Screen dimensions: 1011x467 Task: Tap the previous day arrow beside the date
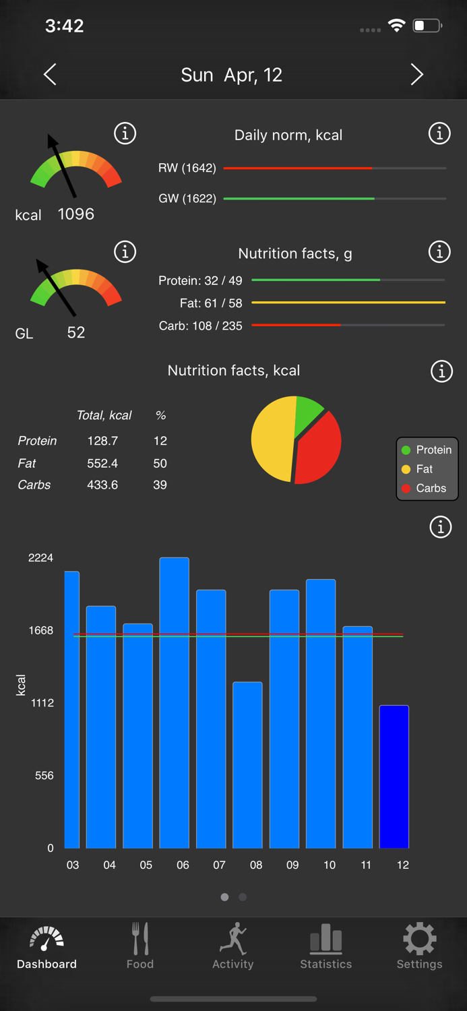pos(51,74)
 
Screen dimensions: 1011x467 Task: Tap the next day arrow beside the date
pos(416,74)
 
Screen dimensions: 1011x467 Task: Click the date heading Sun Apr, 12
pos(231,75)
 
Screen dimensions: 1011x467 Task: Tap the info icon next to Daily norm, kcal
pos(439,133)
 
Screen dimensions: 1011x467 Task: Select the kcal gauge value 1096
pos(75,214)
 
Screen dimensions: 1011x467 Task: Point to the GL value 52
pos(75,332)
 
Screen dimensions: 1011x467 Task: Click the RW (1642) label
pos(187,168)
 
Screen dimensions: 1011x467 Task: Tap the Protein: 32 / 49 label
pos(200,280)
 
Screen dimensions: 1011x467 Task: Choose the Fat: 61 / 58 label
pos(210,303)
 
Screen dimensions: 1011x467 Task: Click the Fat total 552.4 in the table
pos(102,463)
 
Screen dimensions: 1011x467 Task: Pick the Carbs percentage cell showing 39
pos(160,485)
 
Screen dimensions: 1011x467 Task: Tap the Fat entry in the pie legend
pos(424,469)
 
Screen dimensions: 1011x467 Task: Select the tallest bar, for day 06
pos(174,701)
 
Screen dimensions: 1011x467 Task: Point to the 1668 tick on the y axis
pos(40,630)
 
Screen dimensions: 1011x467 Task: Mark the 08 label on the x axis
pos(256,865)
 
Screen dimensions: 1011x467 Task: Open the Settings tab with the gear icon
pos(419,946)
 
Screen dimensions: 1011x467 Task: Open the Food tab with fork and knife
pos(140,946)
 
